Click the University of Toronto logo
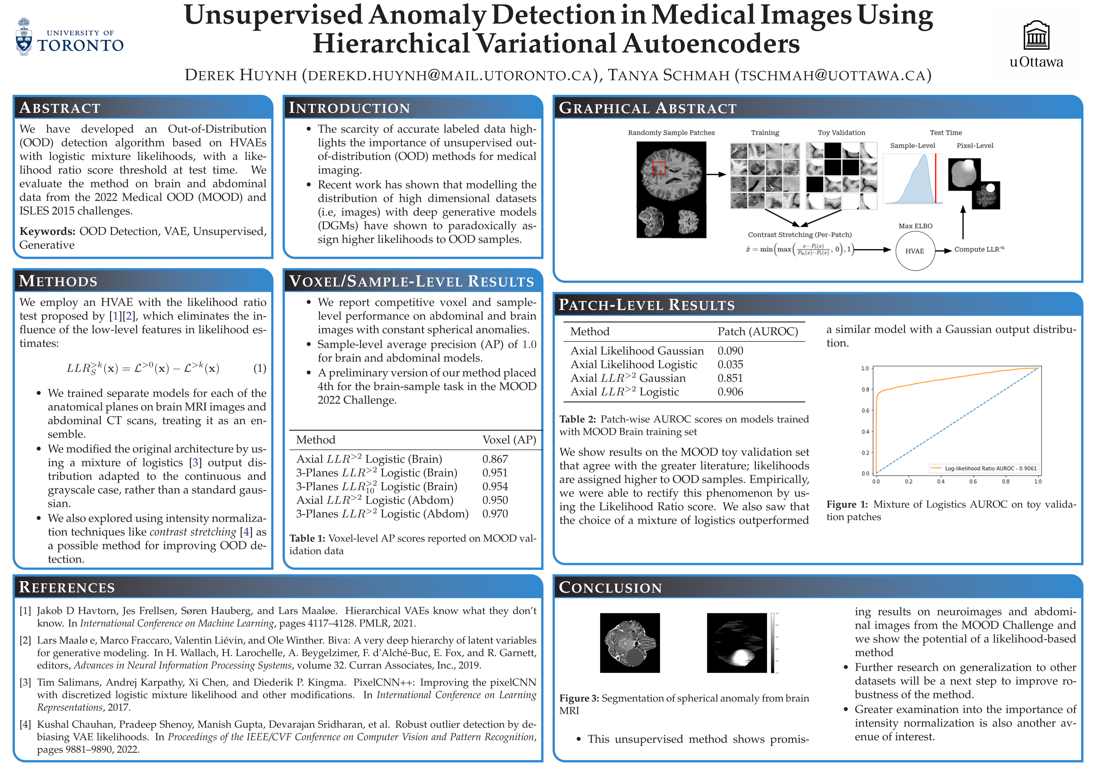coord(69,37)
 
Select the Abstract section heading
coord(60,108)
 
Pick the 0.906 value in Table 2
coord(730,392)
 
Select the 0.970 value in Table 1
coord(495,514)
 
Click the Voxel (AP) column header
coord(509,439)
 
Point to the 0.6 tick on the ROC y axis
coord(865,410)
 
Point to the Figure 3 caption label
coord(579,698)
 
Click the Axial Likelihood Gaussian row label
coord(637,351)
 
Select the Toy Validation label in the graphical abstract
coord(841,133)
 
